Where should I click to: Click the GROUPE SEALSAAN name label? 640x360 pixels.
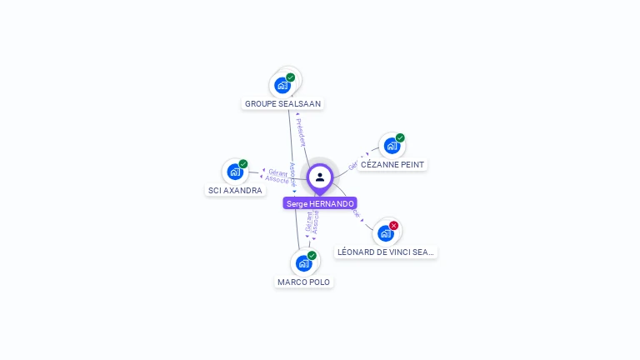pos(282,104)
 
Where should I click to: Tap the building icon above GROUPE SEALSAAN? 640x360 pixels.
pos(282,85)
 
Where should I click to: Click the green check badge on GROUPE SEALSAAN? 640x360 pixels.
pos(290,77)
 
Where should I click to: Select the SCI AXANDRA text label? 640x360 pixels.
pos(235,191)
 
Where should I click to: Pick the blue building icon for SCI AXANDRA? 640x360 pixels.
pos(235,172)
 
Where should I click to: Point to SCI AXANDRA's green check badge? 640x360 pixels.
pos(243,164)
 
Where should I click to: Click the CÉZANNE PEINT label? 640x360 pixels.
pos(392,165)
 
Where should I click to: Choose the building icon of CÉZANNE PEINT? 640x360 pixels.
pos(392,146)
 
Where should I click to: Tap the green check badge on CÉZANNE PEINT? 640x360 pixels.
pos(400,137)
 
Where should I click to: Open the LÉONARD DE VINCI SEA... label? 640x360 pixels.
pos(386,252)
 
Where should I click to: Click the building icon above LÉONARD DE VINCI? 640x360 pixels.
pos(385,232)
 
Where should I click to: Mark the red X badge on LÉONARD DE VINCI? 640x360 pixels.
pos(393,225)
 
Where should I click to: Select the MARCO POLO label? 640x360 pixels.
pos(304,282)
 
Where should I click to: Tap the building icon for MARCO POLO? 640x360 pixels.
pos(304,263)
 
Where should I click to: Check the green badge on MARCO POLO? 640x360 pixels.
pos(312,255)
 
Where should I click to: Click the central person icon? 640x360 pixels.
pos(320,177)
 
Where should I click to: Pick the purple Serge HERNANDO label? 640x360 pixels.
pos(320,203)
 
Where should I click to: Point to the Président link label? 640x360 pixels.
pos(301,132)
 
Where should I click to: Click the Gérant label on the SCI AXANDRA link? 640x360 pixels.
pos(278,172)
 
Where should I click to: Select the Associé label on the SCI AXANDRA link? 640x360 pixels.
pos(277,179)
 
